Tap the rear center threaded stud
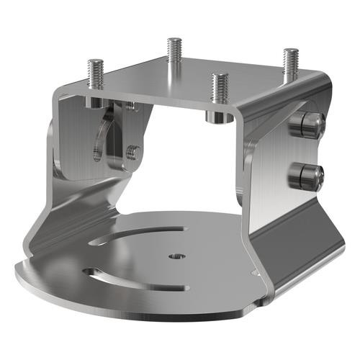click(x=174, y=54)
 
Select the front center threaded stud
click(x=217, y=90)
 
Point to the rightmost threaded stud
click(x=290, y=63)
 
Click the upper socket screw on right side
click(x=306, y=125)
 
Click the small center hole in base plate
click(x=175, y=256)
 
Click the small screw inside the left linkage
click(x=132, y=152)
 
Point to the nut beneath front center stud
click(x=215, y=116)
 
